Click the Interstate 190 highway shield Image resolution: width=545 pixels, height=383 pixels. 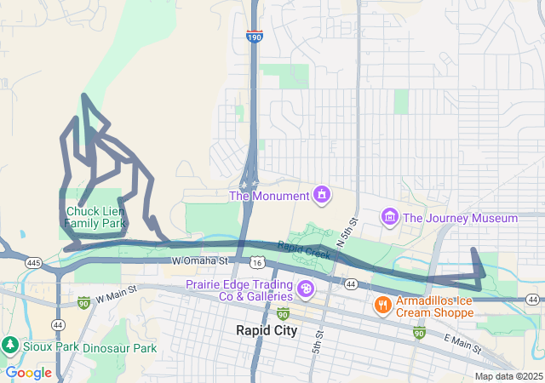click(255, 37)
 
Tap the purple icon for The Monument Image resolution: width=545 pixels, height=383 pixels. click(321, 196)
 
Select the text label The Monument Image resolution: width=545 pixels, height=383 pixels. click(269, 197)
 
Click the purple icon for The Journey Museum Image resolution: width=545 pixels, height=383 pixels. click(389, 218)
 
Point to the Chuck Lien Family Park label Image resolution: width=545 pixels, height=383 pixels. click(95, 217)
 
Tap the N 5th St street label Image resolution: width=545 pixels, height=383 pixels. click(347, 232)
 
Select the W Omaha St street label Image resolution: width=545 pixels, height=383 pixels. click(200, 260)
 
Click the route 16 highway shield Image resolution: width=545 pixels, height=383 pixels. click(258, 267)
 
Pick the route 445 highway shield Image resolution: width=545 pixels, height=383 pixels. click(34, 261)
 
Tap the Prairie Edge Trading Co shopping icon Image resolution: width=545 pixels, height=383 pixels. click(305, 291)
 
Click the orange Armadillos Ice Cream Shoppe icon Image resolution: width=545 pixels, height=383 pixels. click(383, 304)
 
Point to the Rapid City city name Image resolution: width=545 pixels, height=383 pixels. click(267, 330)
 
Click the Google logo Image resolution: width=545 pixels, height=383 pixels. click(28, 373)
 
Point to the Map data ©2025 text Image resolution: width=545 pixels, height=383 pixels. click(508, 376)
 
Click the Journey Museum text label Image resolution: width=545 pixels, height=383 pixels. click(460, 218)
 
